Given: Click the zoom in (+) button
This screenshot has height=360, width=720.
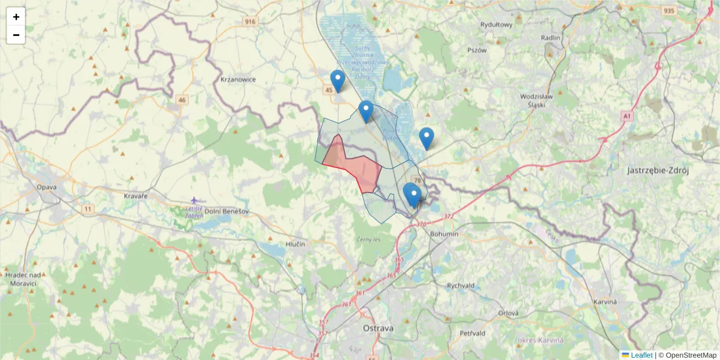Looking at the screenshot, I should click(x=16, y=17).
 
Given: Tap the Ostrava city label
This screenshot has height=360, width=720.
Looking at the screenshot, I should click(x=378, y=328).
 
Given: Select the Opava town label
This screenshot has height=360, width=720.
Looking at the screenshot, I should click(x=46, y=187).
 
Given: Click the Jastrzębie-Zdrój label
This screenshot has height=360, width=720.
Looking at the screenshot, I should click(x=658, y=170).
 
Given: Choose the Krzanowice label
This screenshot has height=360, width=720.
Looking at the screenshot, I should click(x=238, y=79).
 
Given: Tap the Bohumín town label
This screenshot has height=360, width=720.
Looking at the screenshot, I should click(x=445, y=233).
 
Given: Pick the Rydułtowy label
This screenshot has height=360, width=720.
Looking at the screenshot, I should click(x=496, y=25).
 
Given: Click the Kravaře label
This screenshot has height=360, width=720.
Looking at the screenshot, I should click(x=135, y=196).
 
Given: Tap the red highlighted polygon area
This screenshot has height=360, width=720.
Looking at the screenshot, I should click(x=354, y=165).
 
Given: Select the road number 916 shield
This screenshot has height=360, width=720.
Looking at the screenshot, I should click(x=250, y=22).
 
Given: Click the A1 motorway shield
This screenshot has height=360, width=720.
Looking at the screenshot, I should click(x=628, y=116).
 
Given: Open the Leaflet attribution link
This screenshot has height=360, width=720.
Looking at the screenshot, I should click(x=641, y=355).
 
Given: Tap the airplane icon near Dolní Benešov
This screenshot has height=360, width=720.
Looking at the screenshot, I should click(x=194, y=200).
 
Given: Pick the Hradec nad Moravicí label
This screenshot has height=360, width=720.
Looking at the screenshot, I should click(x=22, y=278).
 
